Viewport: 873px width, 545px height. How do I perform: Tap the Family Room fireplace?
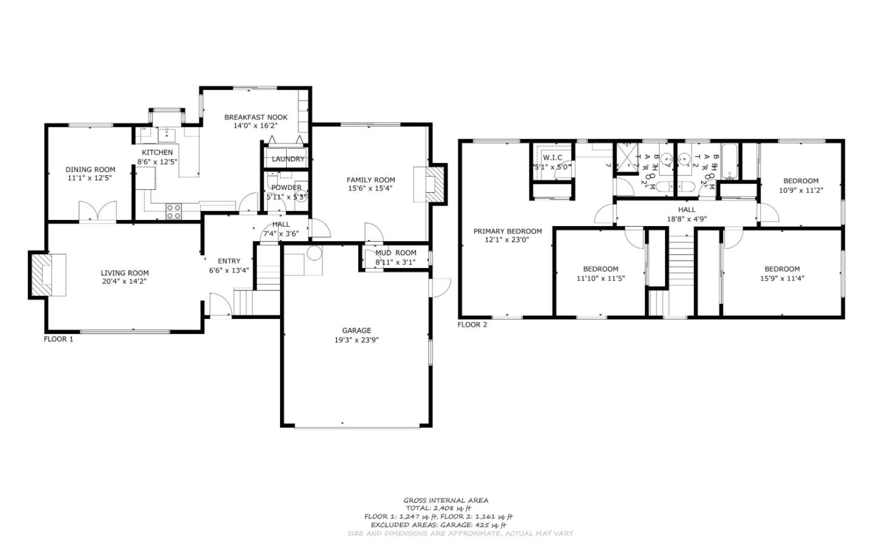tap(430, 184)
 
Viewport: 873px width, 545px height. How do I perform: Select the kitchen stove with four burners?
tap(174, 211)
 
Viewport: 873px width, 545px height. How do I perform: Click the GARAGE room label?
tap(356, 330)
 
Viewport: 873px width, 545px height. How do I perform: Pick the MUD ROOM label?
tap(395, 253)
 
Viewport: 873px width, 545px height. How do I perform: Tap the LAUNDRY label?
tap(288, 159)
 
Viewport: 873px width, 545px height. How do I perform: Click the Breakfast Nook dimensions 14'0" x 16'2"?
tap(256, 126)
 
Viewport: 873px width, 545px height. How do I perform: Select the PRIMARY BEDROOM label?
tap(507, 231)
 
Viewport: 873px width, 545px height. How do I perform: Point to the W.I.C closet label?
tap(552, 158)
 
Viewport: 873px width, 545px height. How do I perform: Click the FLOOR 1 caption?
tap(58, 339)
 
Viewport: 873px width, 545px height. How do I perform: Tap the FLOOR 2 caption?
tap(472, 325)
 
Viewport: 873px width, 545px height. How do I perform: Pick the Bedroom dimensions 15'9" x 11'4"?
tap(781, 278)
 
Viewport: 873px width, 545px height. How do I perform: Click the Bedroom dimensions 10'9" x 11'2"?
tap(800, 190)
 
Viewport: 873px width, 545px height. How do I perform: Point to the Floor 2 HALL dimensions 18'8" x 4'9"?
tap(686, 219)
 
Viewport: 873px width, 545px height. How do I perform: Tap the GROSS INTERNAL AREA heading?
tap(446, 500)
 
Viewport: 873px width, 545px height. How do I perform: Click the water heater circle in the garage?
tap(315, 253)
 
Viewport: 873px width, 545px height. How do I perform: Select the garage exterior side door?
tap(441, 287)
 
